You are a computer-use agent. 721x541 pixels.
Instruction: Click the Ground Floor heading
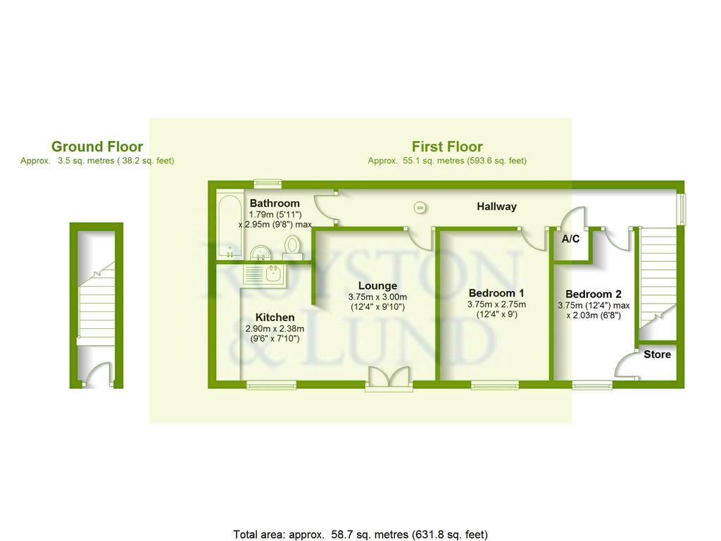pyautogui.click(x=97, y=147)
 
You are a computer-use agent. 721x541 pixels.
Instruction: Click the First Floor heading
pyautogui.click(x=447, y=147)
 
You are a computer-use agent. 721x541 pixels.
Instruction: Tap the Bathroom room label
pyautogui.click(x=274, y=203)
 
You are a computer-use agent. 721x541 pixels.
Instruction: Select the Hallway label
pyautogui.click(x=496, y=206)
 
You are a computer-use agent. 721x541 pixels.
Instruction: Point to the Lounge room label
pyautogui.click(x=377, y=285)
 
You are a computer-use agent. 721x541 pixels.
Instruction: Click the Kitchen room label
pyautogui.click(x=275, y=318)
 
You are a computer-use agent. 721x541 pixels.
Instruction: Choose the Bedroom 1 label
pyautogui.click(x=496, y=293)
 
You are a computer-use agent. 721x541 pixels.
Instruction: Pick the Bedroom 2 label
pyautogui.click(x=594, y=294)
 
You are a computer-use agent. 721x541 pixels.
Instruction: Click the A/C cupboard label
pyautogui.click(x=570, y=239)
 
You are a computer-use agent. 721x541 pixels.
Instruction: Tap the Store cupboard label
pyautogui.click(x=657, y=354)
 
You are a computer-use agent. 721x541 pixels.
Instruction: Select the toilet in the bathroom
pyautogui.click(x=293, y=246)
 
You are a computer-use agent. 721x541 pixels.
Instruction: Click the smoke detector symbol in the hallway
pyautogui.click(x=420, y=207)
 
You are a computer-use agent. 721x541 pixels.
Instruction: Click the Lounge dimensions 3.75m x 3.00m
pyautogui.click(x=377, y=297)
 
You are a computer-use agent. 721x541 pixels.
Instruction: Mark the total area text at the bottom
pyautogui.click(x=360, y=534)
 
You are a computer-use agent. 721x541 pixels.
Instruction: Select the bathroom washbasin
pyautogui.click(x=261, y=251)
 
